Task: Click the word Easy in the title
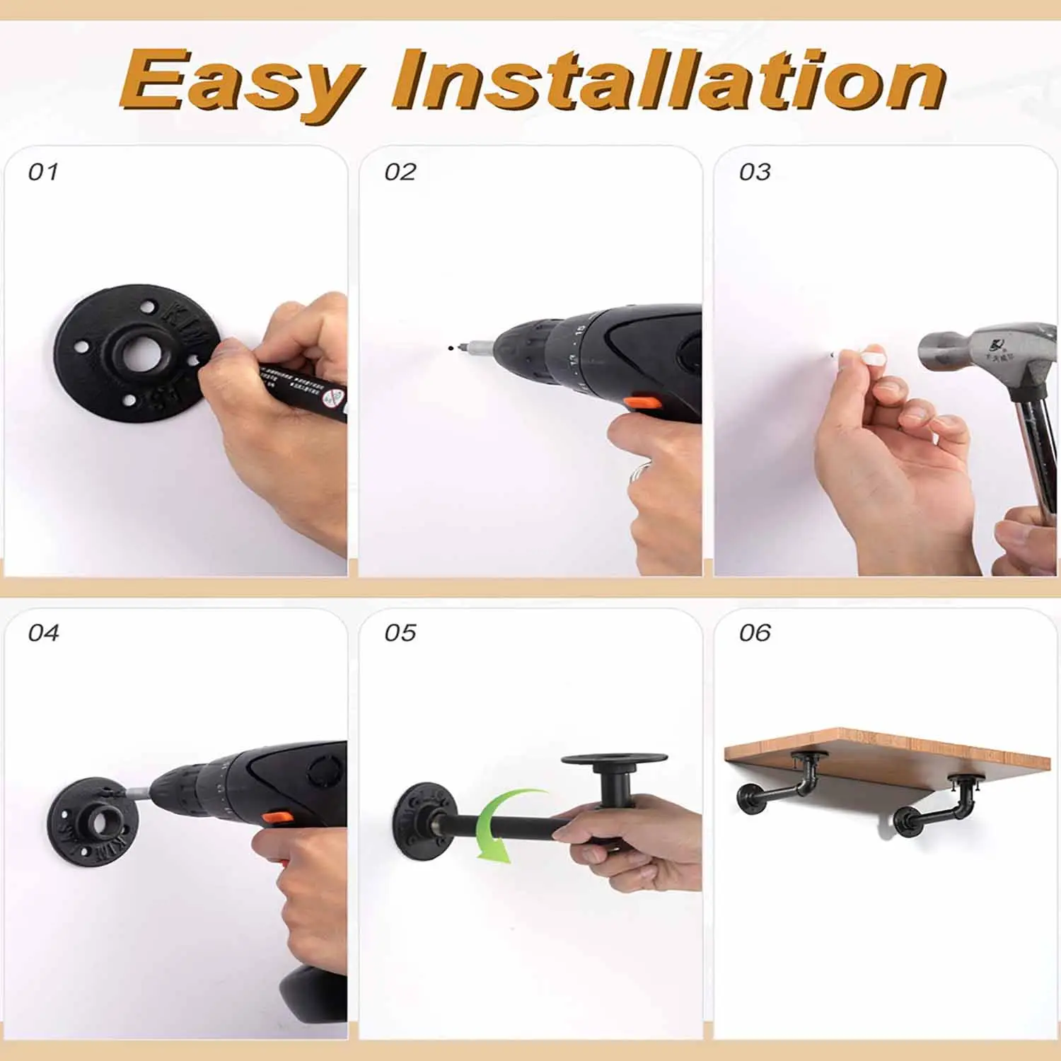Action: point(240,83)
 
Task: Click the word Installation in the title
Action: point(668,81)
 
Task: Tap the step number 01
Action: point(43,172)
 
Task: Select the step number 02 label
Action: point(400,172)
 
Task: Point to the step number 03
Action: point(755,172)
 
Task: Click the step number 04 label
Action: point(43,632)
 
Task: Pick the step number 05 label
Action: point(400,632)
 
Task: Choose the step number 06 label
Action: point(755,632)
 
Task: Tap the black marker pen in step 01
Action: point(301,385)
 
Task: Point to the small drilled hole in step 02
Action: point(450,347)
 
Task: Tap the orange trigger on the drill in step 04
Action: point(277,818)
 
